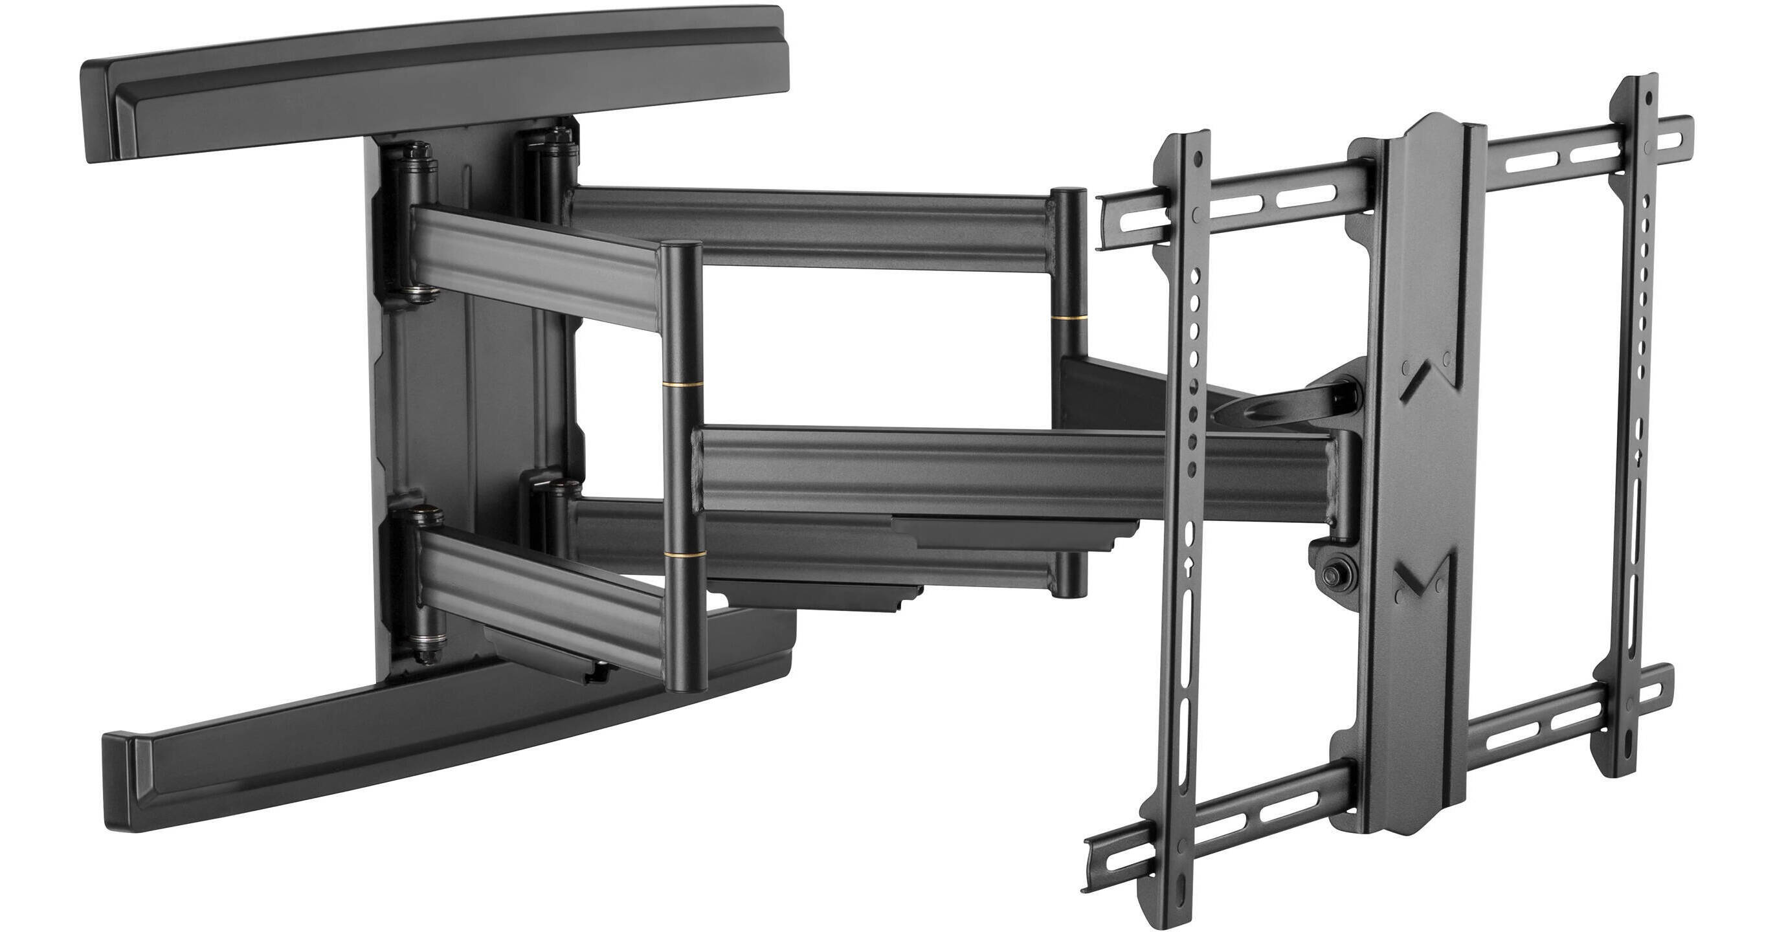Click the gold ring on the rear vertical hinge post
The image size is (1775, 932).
[x=1069, y=318]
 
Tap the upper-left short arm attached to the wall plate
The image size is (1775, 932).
[x=537, y=269]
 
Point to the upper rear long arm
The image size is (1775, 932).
[x=813, y=227]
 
